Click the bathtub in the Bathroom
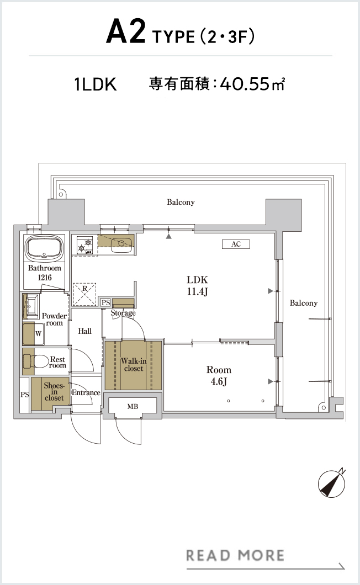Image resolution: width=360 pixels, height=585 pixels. tap(44, 248)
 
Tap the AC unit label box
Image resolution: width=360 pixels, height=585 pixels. tap(236, 244)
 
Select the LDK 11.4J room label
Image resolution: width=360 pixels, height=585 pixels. tap(197, 285)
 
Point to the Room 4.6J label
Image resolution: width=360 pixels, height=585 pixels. tap(219, 375)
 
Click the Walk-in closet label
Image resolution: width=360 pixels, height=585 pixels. tap(133, 364)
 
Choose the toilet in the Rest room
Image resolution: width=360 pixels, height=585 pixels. tap(36, 361)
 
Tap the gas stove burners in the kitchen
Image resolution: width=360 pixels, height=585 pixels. tap(85, 246)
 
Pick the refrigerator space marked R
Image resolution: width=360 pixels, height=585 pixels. tap(84, 294)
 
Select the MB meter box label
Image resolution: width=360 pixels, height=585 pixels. tap(133, 406)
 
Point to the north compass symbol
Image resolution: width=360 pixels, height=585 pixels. tap(332, 483)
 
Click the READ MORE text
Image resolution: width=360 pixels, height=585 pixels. tap(235, 556)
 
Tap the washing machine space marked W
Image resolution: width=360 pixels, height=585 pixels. tap(38, 334)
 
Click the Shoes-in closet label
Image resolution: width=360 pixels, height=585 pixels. tap(54, 391)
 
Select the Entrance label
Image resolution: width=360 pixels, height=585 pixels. tap(86, 392)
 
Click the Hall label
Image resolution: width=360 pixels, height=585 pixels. tap(85, 331)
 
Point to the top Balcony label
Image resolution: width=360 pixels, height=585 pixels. tap(181, 202)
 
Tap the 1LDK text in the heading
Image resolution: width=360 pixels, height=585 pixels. tap(96, 84)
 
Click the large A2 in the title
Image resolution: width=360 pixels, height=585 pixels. tap(126, 32)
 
